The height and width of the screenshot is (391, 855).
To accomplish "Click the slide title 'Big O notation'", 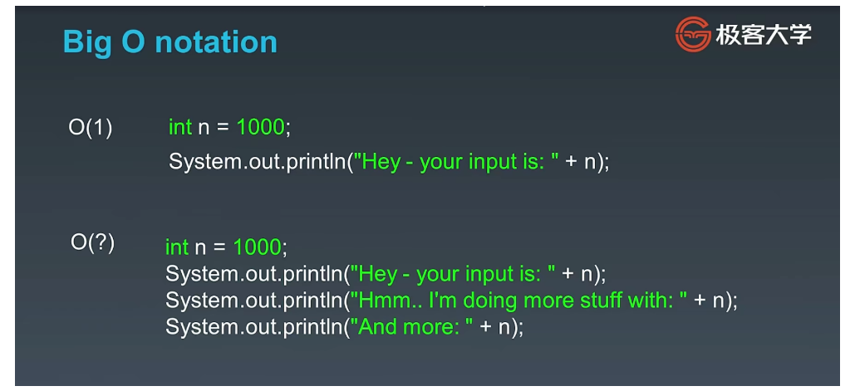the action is click(170, 42).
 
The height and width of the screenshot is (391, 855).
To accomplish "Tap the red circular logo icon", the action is click(693, 34).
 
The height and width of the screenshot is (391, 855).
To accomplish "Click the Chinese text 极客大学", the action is click(764, 35).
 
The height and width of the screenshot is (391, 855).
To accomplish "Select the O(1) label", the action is click(91, 128).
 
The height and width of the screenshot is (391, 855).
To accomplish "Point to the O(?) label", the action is click(93, 242).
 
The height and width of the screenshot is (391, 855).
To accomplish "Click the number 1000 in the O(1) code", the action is click(260, 128).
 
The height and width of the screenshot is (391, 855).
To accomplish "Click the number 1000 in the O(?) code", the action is click(257, 247).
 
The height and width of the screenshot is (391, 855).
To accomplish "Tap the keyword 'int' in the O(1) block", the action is click(180, 128).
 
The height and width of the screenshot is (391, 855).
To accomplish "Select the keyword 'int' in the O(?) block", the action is click(177, 247).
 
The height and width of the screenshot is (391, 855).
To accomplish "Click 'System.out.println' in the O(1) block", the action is click(258, 162).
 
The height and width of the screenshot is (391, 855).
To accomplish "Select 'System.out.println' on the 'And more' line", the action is click(254, 327).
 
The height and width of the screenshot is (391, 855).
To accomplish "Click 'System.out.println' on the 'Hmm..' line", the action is click(254, 301).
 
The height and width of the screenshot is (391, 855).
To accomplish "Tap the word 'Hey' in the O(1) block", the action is click(381, 163).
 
